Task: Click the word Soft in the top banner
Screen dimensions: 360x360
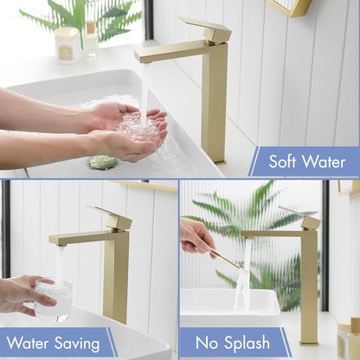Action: click(x=282, y=161)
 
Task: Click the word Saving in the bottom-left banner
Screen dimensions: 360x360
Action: click(x=77, y=344)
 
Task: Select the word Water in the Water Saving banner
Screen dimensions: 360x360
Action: click(x=28, y=343)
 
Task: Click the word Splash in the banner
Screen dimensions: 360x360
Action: click(x=247, y=344)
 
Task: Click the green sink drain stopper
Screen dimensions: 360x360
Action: click(x=103, y=162)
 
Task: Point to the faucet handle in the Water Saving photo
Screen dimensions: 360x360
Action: click(x=112, y=217)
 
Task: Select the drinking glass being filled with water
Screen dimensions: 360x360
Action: click(x=53, y=299)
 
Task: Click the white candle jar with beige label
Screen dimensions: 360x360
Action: click(x=67, y=45)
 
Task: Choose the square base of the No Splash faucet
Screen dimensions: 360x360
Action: click(x=309, y=343)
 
